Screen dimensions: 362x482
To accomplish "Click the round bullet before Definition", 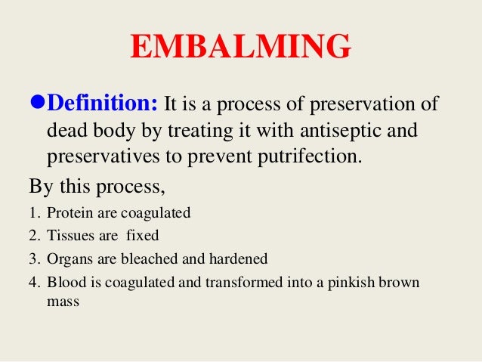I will click(x=37, y=102).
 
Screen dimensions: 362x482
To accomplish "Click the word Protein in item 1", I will click(x=67, y=212).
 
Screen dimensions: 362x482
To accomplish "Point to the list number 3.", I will click(x=32, y=259).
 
